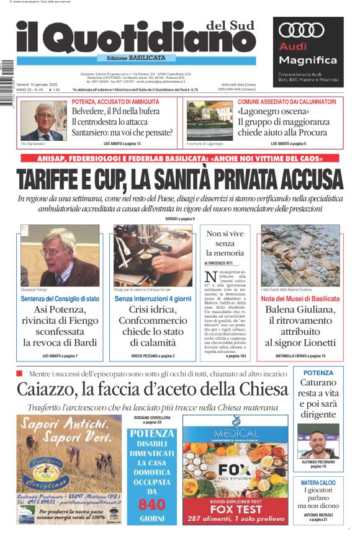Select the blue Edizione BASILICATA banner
coord(131,58)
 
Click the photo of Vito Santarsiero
coord(43,120)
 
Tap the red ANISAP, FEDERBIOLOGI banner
coord(179,158)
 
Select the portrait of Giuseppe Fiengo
coord(60,255)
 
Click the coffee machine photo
coord(153,255)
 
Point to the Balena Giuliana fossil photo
coord(300,255)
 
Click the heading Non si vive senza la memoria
coord(225,243)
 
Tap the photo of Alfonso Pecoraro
coord(318,440)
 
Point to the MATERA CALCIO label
coord(318,482)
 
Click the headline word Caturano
coord(318,384)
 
